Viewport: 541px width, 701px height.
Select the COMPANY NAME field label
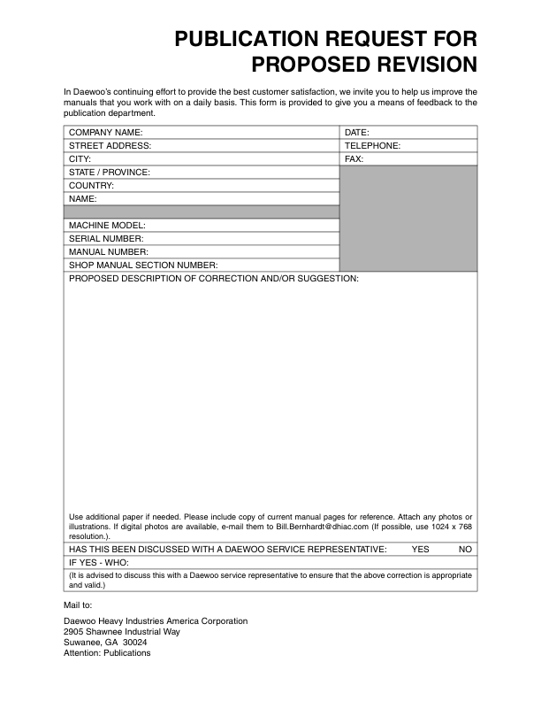point(105,133)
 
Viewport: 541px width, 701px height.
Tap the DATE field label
point(357,133)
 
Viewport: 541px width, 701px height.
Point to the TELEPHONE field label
point(372,146)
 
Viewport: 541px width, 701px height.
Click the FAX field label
point(354,159)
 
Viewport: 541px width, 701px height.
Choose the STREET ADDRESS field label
point(110,146)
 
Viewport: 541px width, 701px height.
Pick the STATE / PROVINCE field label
point(109,173)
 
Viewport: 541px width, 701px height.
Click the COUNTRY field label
point(91,186)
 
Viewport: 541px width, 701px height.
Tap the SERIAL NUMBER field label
point(106,239)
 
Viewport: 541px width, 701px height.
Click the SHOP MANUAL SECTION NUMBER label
point(143,266)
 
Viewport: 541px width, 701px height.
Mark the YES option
point(420,550)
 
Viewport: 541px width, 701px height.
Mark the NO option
point(466,550)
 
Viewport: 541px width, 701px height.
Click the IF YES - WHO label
point(98,562)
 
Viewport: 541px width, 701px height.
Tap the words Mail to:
point(79,605)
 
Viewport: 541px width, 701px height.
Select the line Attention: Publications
point(107,653)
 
